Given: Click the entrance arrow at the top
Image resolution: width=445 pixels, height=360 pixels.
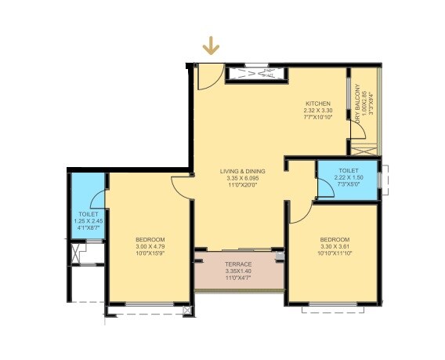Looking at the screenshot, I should (x=210, y=46).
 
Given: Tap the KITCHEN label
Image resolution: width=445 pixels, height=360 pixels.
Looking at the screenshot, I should (x=318, y=104).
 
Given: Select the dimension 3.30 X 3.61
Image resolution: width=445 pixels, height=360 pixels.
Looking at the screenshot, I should (x=335, y=246).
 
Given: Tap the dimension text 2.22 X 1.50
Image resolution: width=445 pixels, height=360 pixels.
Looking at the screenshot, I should (x=349, y=178).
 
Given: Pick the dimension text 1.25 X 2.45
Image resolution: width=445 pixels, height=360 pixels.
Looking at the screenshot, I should (x=88, y=221).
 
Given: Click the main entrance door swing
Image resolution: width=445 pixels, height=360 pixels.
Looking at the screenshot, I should (x=207, y=76).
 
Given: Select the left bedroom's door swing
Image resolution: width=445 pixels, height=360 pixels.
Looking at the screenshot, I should (x=181, y=186).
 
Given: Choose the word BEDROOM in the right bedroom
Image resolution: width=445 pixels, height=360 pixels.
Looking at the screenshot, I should (x=335, y=239).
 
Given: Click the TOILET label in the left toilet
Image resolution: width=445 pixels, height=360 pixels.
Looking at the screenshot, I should (x=88, y=214).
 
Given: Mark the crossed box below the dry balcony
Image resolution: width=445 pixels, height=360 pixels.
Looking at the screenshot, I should (x=361, y=148).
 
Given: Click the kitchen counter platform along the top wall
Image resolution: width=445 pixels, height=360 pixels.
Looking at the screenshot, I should (x=255, y=75).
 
